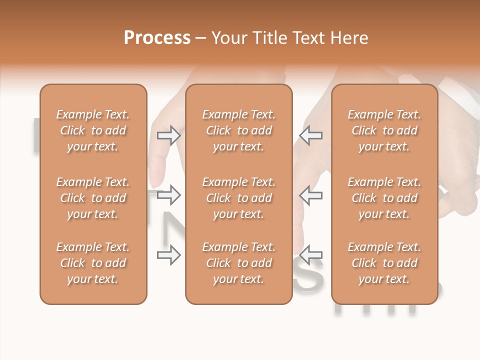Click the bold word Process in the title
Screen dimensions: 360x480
coord(157,38)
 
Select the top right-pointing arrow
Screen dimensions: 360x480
coord(168,135)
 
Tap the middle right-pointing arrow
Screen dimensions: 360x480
coord(168,195)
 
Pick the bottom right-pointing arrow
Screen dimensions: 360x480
coord(168,255)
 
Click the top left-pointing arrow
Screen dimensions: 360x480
coord(310,135)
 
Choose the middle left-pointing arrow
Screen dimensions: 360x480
coord(310,195)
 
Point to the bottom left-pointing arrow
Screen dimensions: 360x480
coord(310,255)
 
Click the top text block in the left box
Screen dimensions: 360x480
coord(93,130)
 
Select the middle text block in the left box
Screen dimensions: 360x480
coord(93,198)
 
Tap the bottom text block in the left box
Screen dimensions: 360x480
coord(93,263)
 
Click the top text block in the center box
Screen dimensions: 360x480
coord(238,130)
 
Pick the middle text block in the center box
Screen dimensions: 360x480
coord(238,198)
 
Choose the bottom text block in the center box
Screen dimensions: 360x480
coord(238,263)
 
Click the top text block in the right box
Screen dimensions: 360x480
coord(384,130)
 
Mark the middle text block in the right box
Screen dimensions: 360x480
coord(384,198)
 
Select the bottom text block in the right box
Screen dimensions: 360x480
coord(384,263)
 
